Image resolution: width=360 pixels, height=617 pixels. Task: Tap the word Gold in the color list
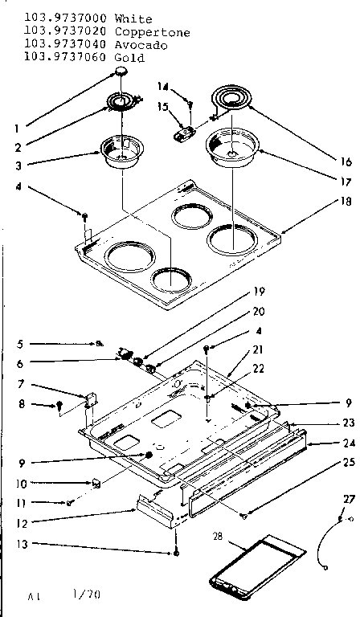pos(129,58)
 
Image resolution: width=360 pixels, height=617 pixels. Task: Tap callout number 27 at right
pos(348,499)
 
